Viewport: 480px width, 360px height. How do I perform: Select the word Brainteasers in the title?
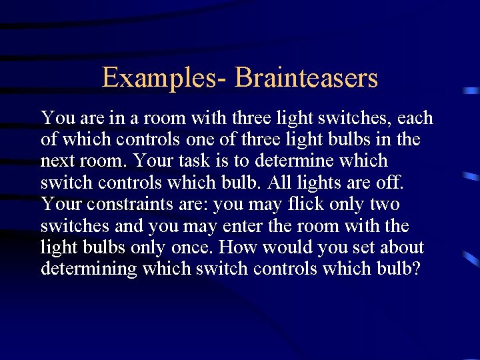pyautogui.click(x=306, y=78)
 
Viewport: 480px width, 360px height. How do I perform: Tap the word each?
pyautogui.click(x=415, y=119)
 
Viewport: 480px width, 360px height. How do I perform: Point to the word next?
pyautogui.click(x=58, y=161)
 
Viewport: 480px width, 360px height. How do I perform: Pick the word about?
pyautogui.click(x=401, y=247)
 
